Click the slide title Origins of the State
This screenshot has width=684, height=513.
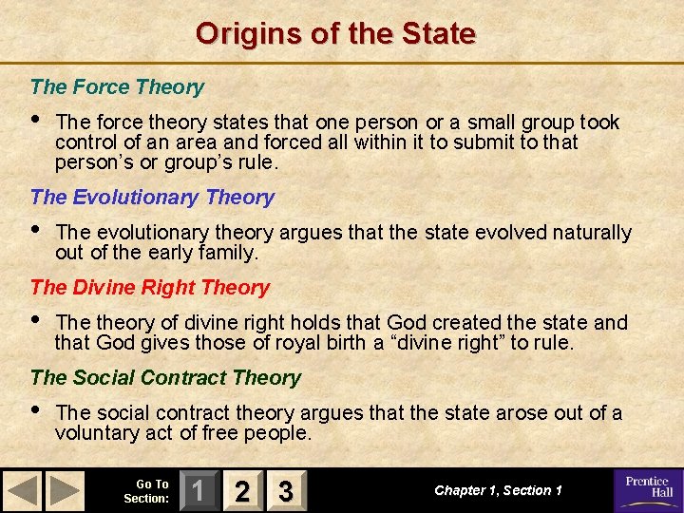click(x=335, y=34)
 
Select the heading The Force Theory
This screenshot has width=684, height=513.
click(x=117, y=87)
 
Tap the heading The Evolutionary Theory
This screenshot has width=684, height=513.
click(x=152, y=198)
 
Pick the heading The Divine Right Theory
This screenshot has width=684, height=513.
click(x=150, y=288)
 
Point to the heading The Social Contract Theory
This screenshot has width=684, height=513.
click(x=165, y=378)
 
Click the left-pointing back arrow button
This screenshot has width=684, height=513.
click(x=24, y=491)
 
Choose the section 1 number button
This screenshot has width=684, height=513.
click(x=198, y=491)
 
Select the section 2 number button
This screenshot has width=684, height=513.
click(x=242, y=491)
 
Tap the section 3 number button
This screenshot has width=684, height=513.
click(x=285, y=491)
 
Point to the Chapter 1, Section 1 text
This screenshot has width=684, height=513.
click(x=498, y=490)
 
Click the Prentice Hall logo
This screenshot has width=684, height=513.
click(x=646, y=490)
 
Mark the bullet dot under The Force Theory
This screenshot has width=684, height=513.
click(x=36, y=121)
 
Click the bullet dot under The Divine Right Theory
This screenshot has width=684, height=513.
click(x=36, y=321)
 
